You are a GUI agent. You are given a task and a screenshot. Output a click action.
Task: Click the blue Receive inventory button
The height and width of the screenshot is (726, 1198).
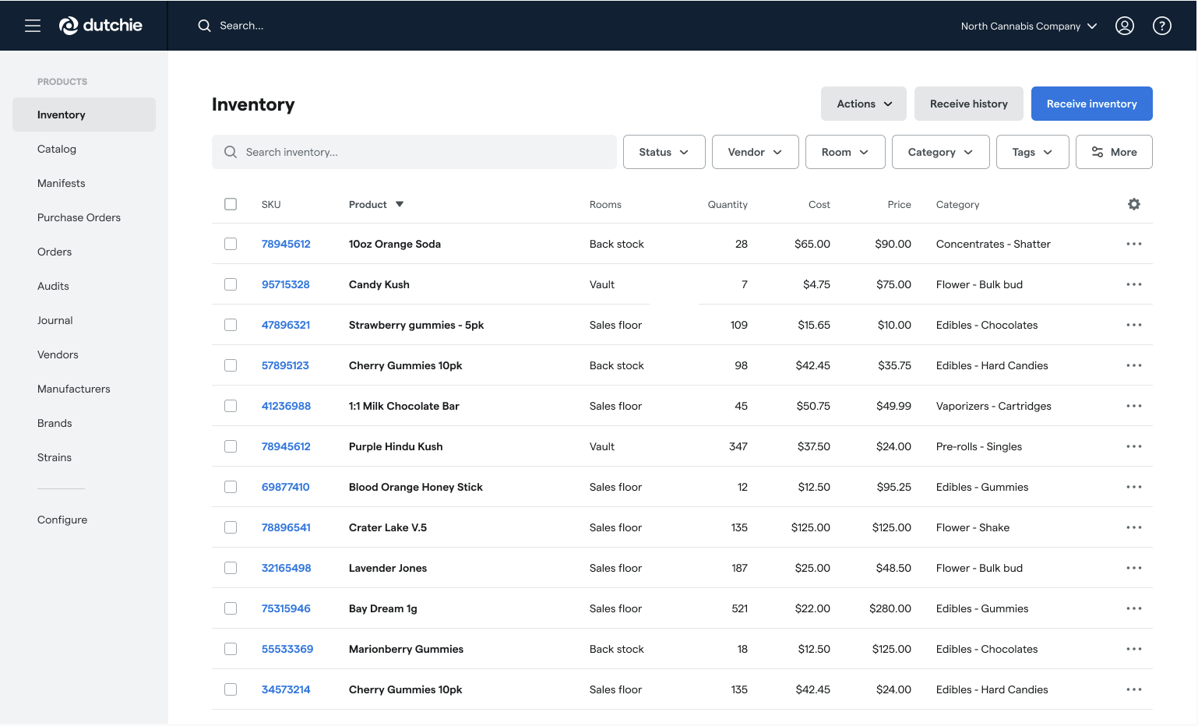click(x=1091, y=104)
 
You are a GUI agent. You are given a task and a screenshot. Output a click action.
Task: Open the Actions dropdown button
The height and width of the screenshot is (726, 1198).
click(x=863, y=104)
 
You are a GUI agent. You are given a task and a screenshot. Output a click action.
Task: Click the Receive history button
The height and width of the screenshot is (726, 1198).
click(x=968, y=104)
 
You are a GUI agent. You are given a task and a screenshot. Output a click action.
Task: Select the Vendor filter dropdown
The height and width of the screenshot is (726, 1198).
click(x=755, y=152)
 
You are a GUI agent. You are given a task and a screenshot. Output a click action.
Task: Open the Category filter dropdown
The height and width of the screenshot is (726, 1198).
click(x=940, y=152)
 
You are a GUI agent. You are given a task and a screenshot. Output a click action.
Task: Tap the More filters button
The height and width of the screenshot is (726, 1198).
click(x=1114, y=152)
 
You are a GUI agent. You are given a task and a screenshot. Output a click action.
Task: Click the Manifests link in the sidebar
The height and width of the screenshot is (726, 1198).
click(x=62, y=183)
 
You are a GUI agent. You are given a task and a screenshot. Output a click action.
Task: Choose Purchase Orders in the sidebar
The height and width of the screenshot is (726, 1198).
click(x=79, y=217)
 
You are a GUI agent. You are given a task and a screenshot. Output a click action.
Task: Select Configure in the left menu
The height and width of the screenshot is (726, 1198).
click(x=62, y=520)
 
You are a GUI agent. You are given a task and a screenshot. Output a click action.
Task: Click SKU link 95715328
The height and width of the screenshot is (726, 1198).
click(x=286, y=284)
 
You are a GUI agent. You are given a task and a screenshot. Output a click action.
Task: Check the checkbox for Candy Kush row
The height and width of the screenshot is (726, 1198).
click(x=231, y=284)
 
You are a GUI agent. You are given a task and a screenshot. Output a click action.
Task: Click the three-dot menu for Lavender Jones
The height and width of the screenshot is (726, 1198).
click(x=1133, y=568)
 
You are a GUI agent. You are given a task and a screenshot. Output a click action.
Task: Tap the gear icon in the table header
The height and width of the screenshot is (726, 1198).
click(x=1134, y=204)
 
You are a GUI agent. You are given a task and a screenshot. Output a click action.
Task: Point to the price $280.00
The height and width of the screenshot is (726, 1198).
click(x=890, y=608)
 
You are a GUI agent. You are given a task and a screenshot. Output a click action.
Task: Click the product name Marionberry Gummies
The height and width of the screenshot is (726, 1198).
click(x=406, y=649)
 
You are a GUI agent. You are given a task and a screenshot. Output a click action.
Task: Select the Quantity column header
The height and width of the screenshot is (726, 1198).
click(x=728, y=205)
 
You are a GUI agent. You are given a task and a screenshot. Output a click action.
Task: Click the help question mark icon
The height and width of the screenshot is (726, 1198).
click(x=1161, y=26)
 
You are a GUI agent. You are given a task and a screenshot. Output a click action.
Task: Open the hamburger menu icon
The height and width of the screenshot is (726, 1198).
click(x=33, y=26)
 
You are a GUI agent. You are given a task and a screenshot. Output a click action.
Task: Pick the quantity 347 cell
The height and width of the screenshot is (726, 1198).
click(x=738, y=446)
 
